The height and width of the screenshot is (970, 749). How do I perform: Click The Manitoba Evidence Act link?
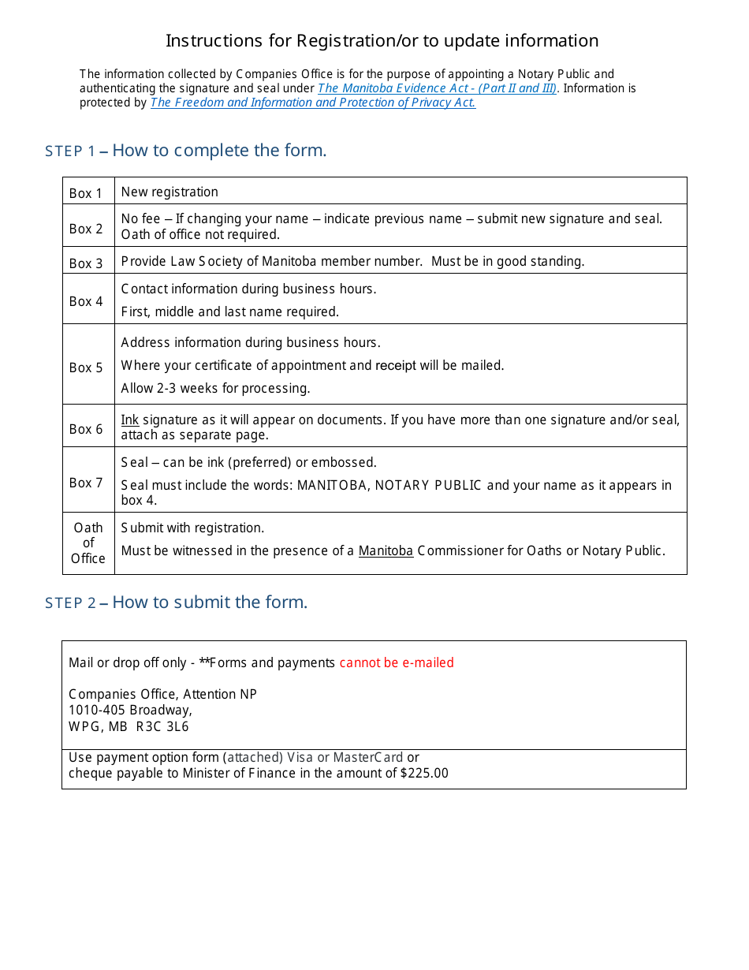pyautogui.click(x=437, y=88)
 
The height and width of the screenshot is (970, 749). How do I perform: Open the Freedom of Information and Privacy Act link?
pyautogui.click(x=313, y=103)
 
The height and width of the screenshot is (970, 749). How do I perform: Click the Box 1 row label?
pyautogui.click(x=86, y=193)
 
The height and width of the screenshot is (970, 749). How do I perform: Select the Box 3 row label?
pyautogui.click(x=86, y=263)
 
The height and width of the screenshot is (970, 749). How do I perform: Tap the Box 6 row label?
pyautogui.click(x=86, y=429)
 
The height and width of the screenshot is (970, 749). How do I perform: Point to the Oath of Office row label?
pyautogui.click(x=88, y=543)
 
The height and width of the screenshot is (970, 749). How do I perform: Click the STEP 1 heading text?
pyautogui.click(x=185, y=151)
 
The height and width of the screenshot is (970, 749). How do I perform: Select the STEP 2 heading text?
pyautogui.click(x=176, y=603)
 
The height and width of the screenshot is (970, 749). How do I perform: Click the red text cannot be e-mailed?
pyautogui.click(x=397, y=662)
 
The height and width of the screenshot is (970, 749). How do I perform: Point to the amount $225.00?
pyautogui.click(x=424, y=773)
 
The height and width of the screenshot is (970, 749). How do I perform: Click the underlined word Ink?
pyautogui.click(x=130, y=420)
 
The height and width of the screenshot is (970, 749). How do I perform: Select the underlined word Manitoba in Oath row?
pyautogui.click(x=386, y=550)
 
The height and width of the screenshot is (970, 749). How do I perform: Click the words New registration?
pyautogui.click(x=170, y=192)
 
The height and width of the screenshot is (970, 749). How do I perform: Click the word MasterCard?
pyautogui.click(x=368, y=757)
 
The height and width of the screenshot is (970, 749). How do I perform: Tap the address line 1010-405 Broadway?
pyautogui.click(x=130, y=710)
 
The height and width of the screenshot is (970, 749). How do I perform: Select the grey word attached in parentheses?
pyautogui.click(x=255, y=757)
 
